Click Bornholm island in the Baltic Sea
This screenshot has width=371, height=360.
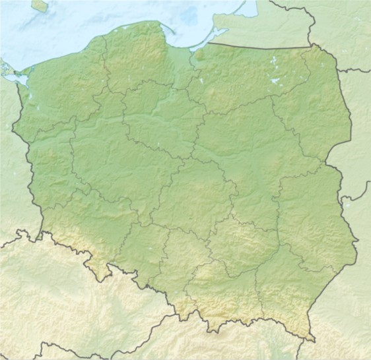pyautogui.click(x=39, y=6)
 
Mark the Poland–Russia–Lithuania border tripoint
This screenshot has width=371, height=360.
pyautogui.click(x=313, y=45)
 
